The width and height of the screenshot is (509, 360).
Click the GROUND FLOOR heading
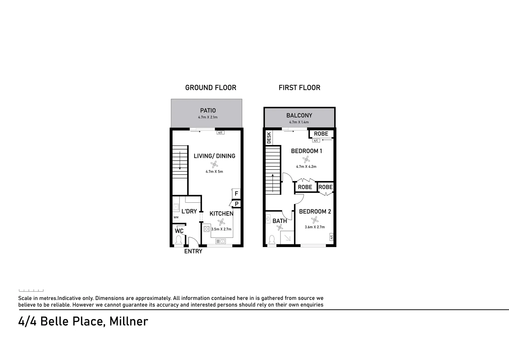point(210,88)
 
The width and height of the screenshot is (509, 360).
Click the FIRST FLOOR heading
point(299,88)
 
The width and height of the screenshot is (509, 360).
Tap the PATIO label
point(208,110)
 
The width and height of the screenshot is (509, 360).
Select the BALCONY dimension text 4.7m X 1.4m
point(299,122)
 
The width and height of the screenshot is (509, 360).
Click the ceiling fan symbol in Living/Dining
point(214,164)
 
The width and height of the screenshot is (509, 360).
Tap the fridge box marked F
point(236,194)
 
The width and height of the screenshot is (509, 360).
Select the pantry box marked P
point(236,204)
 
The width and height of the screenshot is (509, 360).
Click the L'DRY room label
point(189,211)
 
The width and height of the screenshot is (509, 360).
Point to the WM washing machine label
point(176,217)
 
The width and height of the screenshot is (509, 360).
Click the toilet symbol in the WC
point(178,240)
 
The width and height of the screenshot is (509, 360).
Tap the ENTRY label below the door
point(193,251)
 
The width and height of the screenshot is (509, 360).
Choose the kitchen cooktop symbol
point(206,229)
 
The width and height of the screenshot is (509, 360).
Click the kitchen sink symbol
point(220,241)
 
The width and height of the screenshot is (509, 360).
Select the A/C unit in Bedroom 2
point(331,237)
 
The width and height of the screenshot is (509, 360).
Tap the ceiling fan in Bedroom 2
point(314,220)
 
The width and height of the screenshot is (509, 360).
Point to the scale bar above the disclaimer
point(31,291)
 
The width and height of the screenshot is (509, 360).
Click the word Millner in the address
point(129,321)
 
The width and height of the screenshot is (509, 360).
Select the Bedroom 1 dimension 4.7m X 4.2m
point(306,167)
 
